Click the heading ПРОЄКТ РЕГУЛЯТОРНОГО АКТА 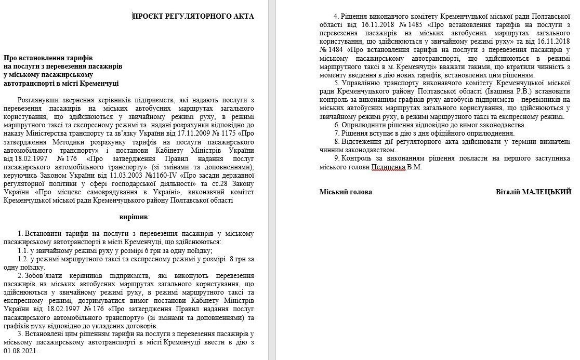(x=193, y=16)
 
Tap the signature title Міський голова (x=346, y=192)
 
